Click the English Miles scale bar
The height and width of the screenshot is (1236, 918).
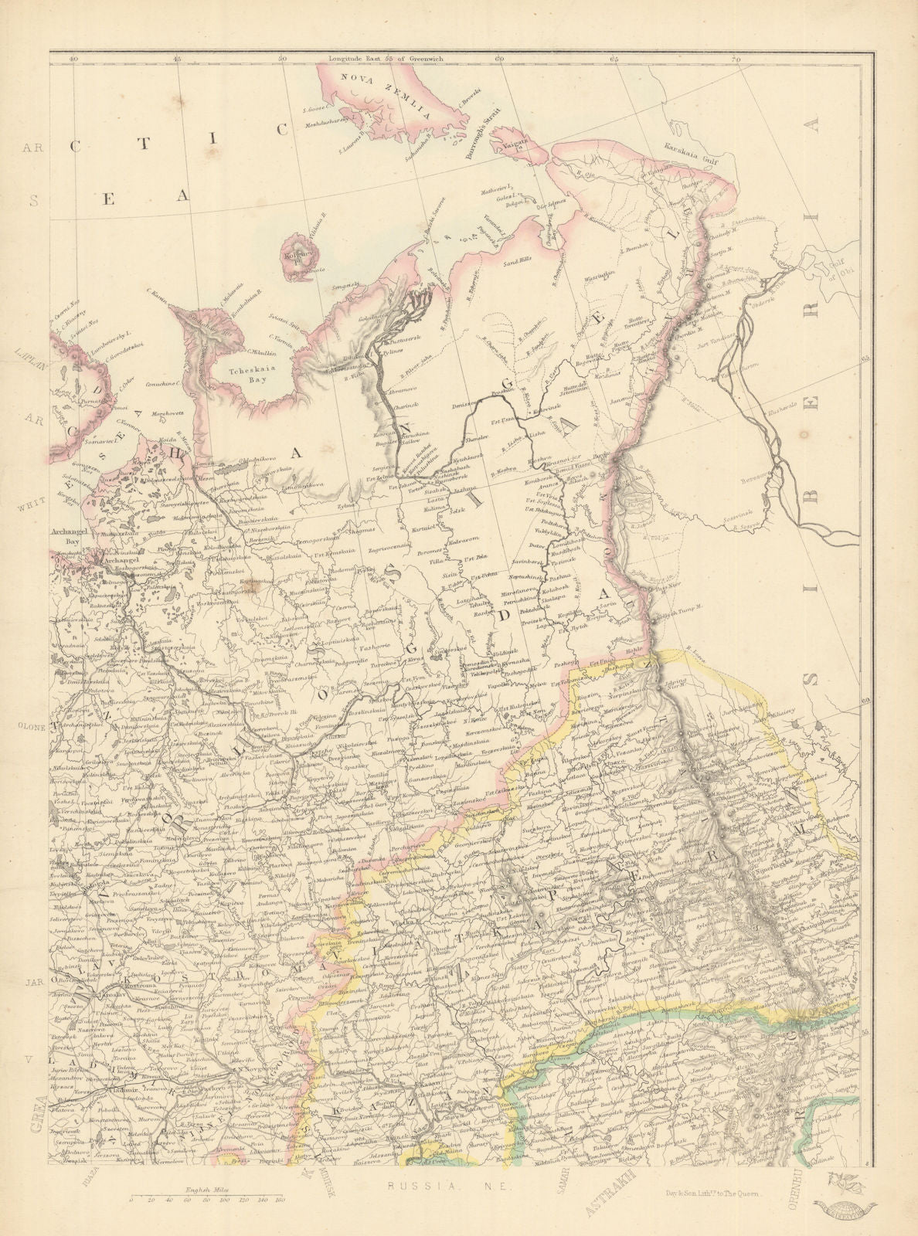[206, 1199]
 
